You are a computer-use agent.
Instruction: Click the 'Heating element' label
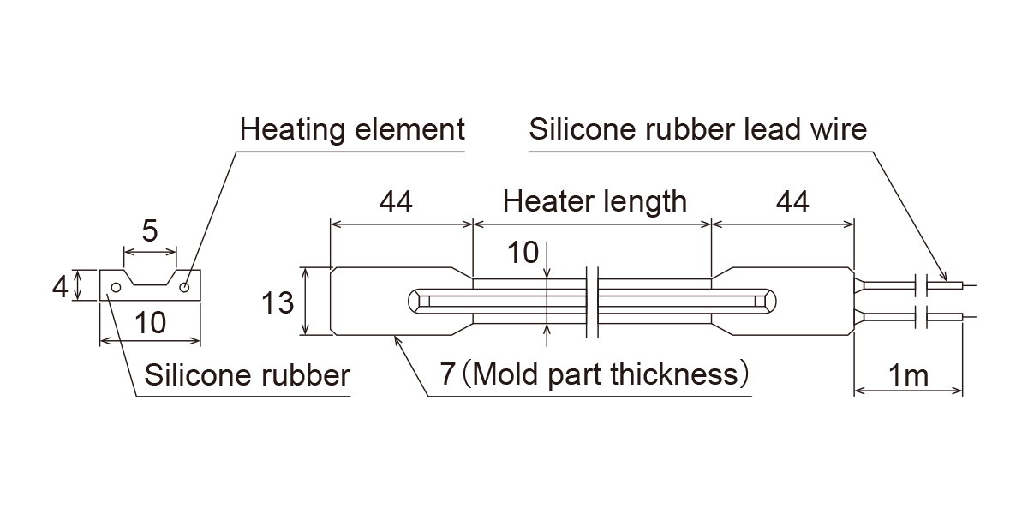point(352,130)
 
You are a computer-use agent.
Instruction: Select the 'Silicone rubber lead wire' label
point(698,130)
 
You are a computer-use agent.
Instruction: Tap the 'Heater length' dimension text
point(595,201)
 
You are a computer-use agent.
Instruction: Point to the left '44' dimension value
point(396,201)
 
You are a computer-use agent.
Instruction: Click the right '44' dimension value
point(792,201)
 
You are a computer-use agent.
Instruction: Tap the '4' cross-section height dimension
point(59,286)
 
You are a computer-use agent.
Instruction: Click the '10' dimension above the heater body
point(523,253)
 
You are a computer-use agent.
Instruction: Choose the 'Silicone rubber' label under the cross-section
point(248,375)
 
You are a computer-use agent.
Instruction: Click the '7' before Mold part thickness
point(447,374)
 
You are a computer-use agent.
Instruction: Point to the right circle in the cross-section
point(184,289)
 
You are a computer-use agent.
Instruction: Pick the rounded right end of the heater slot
point(768,300)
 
